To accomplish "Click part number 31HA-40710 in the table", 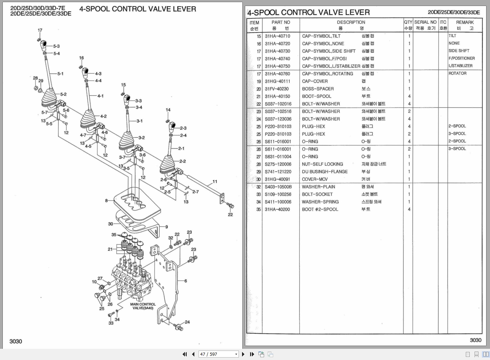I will (277, 36).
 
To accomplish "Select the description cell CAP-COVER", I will (315, 81).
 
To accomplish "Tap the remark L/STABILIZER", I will (460, 66).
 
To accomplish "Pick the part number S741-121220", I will (278, 172).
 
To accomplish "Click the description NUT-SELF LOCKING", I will (322, 164).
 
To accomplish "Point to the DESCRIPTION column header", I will (351, 22).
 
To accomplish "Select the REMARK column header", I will (464, 22).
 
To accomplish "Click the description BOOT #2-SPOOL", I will (320, 209).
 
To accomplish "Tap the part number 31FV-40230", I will (277, 89).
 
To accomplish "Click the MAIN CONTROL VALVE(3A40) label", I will (143, 306).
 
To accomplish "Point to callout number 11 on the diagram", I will (215, 181).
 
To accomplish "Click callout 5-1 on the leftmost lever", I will (60, 74).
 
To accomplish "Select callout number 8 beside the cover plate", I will (106, 201).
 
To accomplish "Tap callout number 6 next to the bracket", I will (186, 281).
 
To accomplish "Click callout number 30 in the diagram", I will (110, 224).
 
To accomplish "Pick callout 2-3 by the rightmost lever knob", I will (183, 128).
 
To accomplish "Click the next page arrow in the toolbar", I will (243, 354).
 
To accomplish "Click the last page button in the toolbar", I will (252, 354).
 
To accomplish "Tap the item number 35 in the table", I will (258, 209).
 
